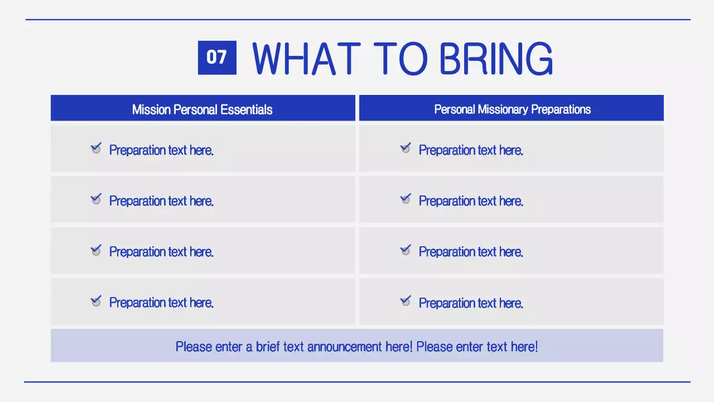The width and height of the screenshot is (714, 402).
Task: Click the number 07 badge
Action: point(217,58)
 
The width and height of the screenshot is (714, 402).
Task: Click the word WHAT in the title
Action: point(306,58)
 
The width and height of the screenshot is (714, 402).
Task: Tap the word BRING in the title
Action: point(496,58)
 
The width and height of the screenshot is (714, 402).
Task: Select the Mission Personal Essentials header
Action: point(202,109)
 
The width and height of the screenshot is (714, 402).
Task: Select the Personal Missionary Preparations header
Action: point(512,109)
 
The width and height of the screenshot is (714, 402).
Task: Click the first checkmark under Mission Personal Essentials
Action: point(96,148)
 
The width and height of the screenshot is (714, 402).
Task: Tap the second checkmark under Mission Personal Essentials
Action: point(96,199)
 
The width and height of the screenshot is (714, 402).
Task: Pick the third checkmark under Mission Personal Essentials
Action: point(96,250)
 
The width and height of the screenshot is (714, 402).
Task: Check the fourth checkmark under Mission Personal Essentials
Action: point(96,301)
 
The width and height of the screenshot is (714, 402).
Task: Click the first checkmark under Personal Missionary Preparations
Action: point(406,148)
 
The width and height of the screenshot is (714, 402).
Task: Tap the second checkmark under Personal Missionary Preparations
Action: point(406,199)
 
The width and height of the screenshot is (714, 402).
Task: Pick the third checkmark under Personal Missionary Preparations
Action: point(406,250)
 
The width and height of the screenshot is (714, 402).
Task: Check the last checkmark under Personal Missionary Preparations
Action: point(406,301)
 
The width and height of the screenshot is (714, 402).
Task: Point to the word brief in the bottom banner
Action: point(268,347)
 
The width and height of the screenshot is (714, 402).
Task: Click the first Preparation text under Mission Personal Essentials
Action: point(161,150)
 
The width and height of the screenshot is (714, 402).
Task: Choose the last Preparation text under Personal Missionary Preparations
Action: point(471,303)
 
